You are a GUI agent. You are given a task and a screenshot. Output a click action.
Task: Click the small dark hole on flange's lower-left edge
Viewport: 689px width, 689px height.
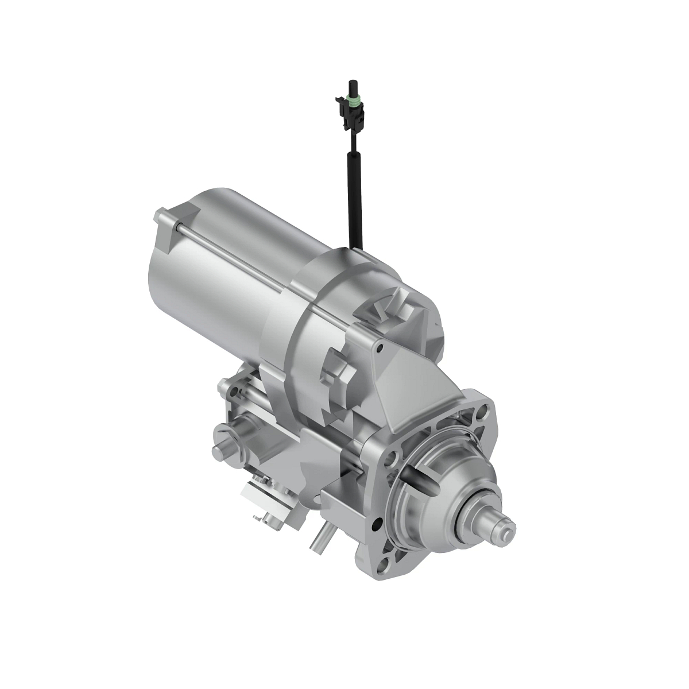[x=377, y=523]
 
